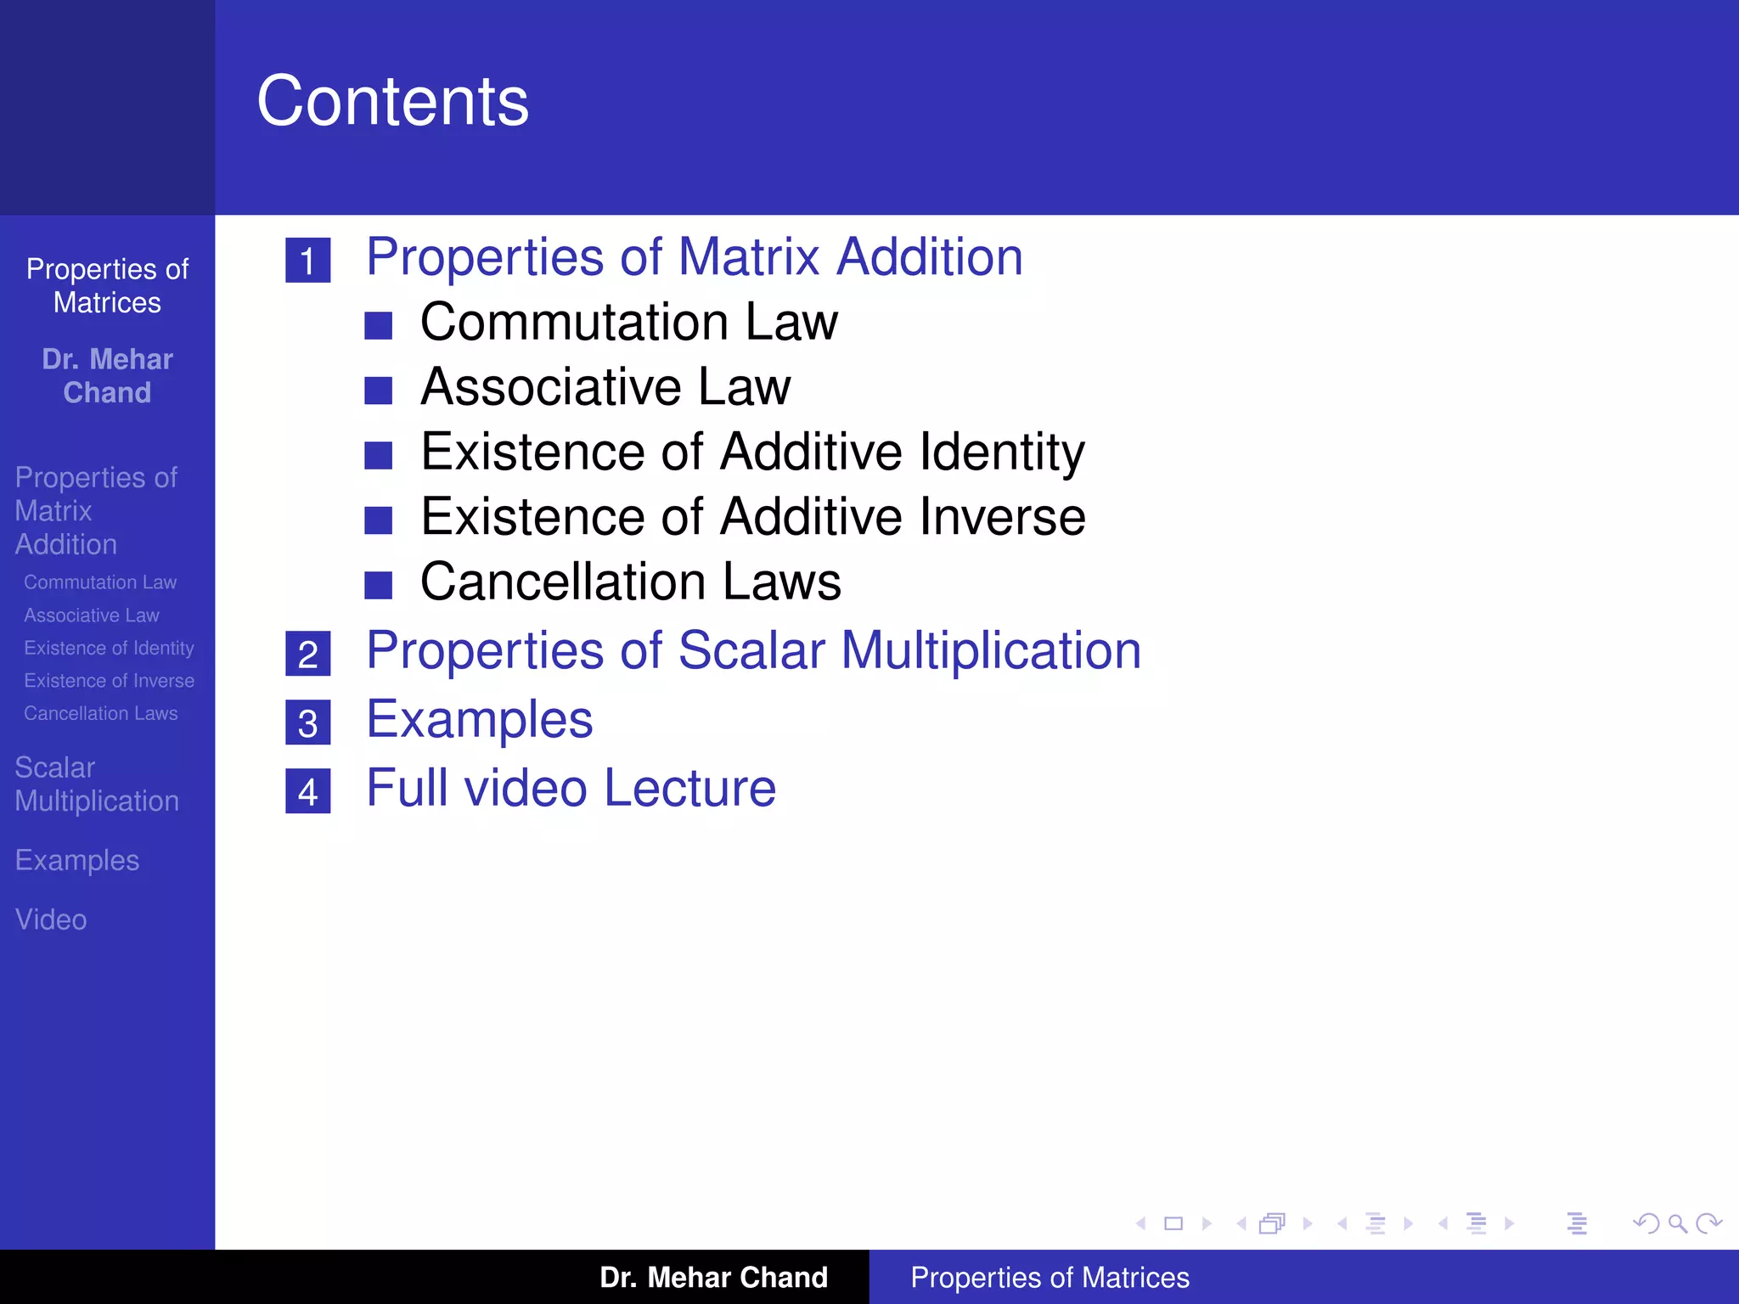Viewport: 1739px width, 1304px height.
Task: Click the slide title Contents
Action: [392, 101]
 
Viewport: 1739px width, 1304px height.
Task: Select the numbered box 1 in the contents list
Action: [307, 261]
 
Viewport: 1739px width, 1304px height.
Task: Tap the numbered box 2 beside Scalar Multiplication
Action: [307, 654]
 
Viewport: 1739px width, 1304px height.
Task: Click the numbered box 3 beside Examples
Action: [307, 723]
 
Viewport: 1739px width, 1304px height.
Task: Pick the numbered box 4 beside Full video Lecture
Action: [307, 792]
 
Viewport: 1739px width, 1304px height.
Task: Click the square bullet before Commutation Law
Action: [378, 325]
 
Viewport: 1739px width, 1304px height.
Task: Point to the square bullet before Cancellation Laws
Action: [378, 585]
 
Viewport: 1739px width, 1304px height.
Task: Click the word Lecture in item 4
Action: [690, 788]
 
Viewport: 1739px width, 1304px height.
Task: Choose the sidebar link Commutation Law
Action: [100, 582]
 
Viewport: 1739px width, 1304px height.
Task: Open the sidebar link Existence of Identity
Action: [109, 648]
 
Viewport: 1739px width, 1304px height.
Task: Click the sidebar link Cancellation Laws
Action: [101, 713]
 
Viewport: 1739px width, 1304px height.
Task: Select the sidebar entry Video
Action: [51, 919]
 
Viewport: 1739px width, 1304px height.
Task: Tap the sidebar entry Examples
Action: [77, 860]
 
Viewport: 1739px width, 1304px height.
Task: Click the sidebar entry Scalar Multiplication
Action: [97, 784]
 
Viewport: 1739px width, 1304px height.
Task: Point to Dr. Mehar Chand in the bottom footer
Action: [713, 1277]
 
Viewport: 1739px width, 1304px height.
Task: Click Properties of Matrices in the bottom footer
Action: [1050, 1277]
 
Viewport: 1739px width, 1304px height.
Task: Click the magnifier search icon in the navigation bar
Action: [1677, 1223]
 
